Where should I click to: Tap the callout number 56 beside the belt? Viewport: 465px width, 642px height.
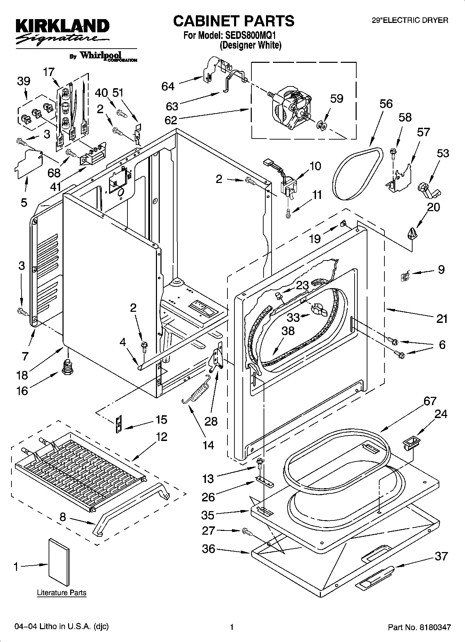pyautogui.click(x=386, y=104)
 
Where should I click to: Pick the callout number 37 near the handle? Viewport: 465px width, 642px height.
pyautogui.click(x=441, y=556)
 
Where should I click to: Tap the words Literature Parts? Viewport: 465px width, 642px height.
pyautogui.click(x=61, y=592)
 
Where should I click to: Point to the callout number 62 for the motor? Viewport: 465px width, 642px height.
pyautogui.click(x=171, y=120)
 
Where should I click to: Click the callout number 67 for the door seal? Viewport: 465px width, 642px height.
pyautogui.click(x=430, y=401)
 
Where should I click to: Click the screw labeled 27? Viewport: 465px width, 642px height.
pyautogui.click(x=247, y=531)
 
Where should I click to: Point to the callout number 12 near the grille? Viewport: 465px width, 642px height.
pyautogui.click(x=161, y=436)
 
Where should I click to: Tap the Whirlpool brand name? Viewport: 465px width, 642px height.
pyautogui.click(x=101, y=55)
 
